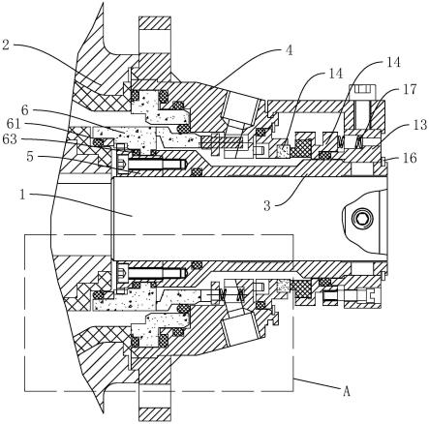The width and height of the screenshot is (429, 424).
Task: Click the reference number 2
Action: tap(6, 45)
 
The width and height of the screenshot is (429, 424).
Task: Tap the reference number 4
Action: tap(289, 50)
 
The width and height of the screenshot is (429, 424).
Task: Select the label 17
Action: tap(410, 89)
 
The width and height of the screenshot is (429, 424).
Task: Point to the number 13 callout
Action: tap(420, 125)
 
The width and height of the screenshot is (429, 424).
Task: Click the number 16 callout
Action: tap(410, 158)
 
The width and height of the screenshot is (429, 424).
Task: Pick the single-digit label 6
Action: tap(25, 110)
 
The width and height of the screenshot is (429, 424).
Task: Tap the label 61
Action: tap(14, 123)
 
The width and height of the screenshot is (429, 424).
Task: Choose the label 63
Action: tap(10, 139)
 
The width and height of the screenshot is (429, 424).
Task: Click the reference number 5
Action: tap(30, 157)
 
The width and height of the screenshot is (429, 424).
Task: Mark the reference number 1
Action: tap(22, 195)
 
